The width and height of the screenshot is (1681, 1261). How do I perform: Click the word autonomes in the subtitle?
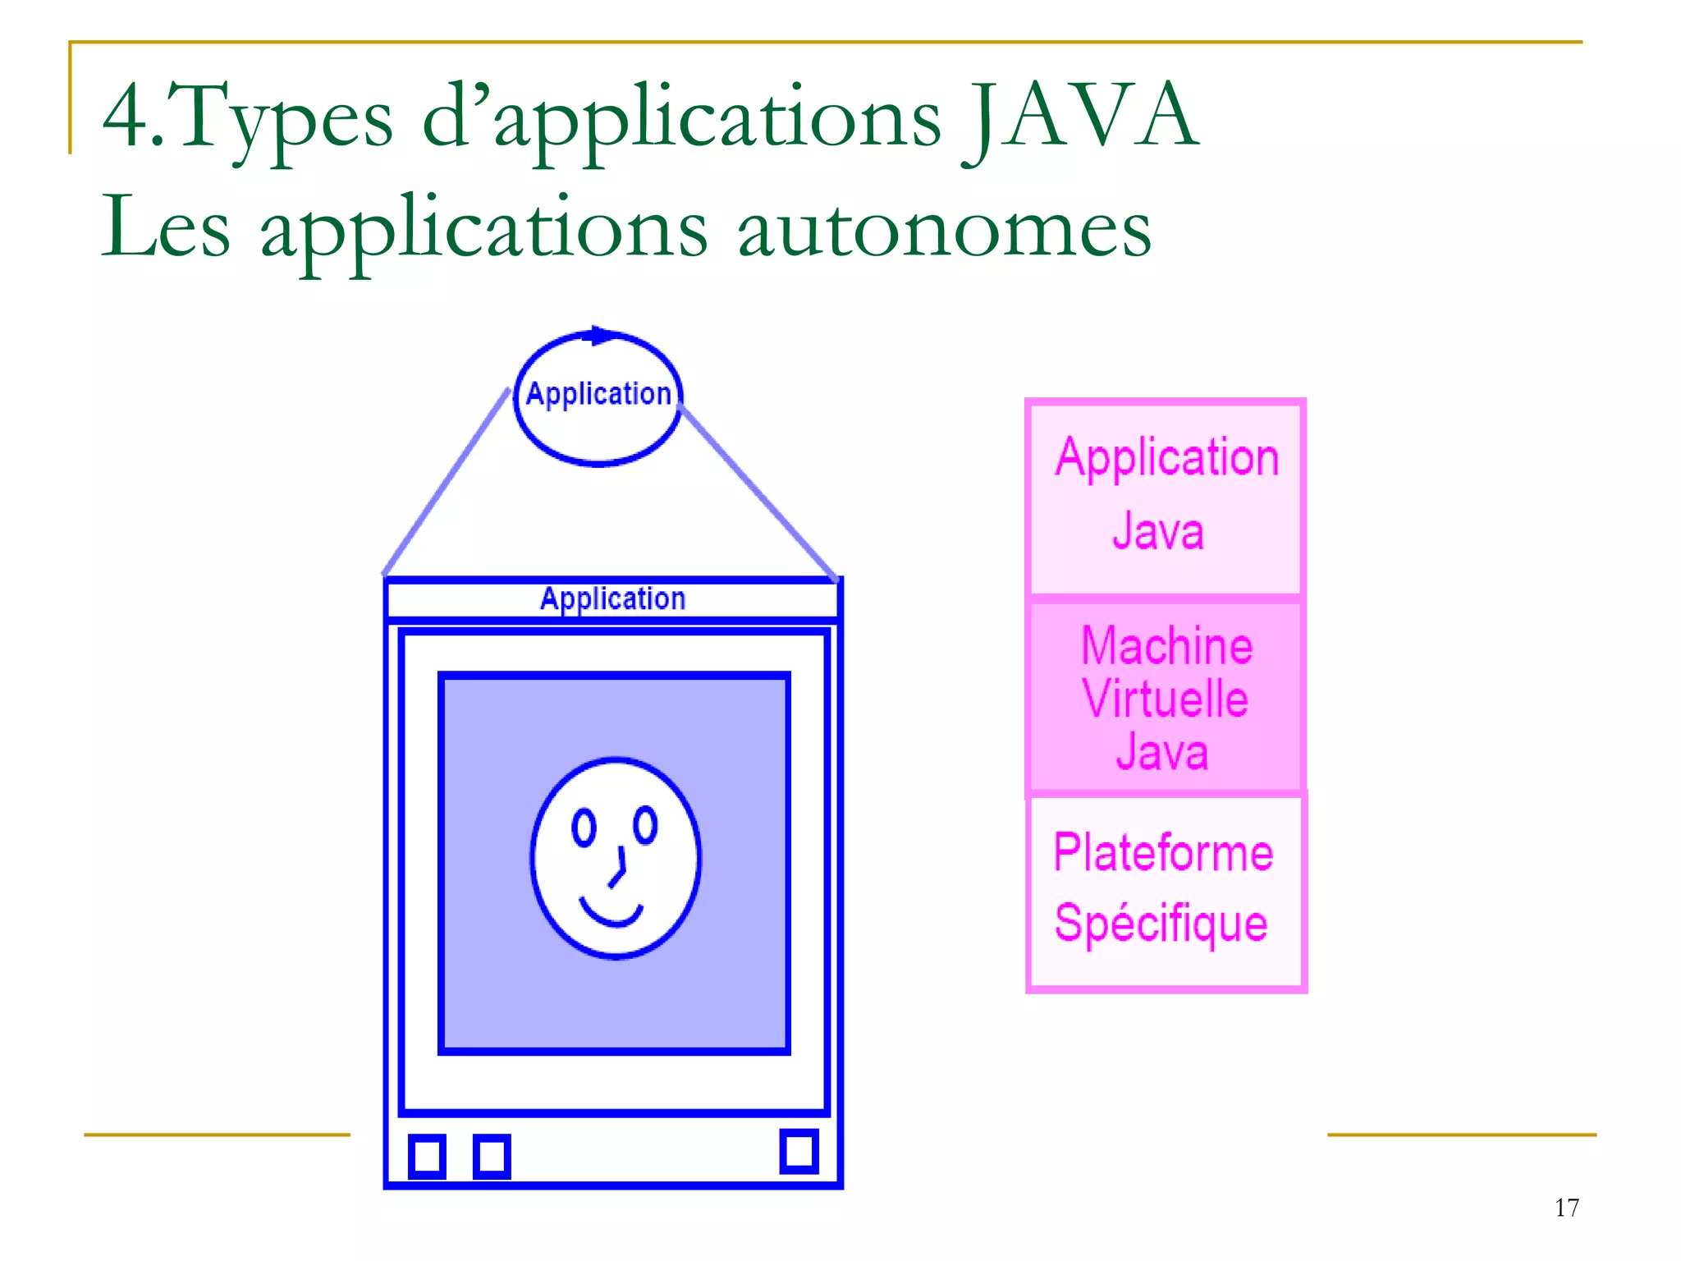point(944,229)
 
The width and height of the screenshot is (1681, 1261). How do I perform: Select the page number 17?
point(1566,1208)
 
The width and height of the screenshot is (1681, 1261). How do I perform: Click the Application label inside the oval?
point(598,394)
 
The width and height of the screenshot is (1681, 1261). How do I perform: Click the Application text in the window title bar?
point(612,598)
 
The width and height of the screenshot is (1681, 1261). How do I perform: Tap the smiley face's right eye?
point(646,824)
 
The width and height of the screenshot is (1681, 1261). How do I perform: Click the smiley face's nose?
point(619,870)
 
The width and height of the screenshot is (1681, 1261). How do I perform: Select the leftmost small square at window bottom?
point(427,1156)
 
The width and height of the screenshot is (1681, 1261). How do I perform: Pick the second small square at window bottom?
point(492,1156)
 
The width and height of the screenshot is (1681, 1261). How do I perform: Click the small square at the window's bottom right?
point(799,1151)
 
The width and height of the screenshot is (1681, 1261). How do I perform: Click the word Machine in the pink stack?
point(1166,646)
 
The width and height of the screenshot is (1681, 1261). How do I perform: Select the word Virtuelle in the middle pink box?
point(1165,699)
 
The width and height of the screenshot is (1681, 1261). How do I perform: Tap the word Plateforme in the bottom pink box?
point(1163,853)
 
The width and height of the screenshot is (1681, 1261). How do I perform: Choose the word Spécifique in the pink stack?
point(1161,924)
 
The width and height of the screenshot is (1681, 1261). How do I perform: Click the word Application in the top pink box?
point(1167,457)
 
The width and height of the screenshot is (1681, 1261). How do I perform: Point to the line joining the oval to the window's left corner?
point(447,481)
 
